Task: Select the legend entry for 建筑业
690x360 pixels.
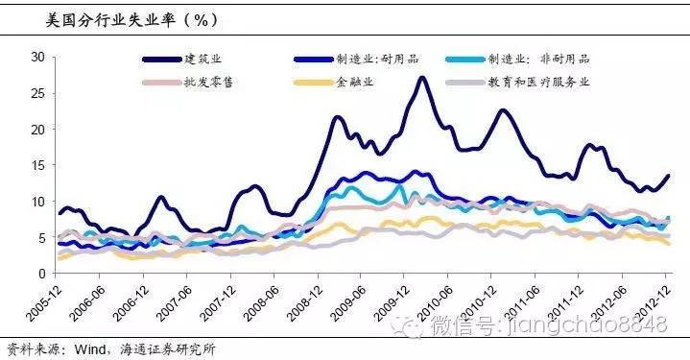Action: pos(205,60)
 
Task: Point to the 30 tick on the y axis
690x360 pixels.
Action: pos(37,57)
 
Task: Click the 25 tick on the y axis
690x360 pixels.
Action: pos(37,93)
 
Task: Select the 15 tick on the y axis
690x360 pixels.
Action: pos(37,165)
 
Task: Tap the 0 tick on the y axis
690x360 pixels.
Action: pos(41,274)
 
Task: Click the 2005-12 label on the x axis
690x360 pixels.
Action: pos(43,300)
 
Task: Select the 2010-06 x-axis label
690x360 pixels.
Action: pos(443,300)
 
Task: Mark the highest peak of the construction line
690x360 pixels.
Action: pos(422,78)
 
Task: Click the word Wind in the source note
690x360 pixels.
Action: pos(79,349)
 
